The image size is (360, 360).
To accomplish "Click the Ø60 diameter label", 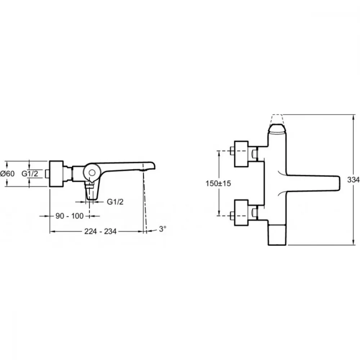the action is [7, 174].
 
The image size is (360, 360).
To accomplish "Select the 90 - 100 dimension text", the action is [69, 216].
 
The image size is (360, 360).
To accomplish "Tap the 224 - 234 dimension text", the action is [100, 231].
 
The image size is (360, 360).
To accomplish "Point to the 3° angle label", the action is [163, 229].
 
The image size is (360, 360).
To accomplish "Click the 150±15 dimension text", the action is [218, 184].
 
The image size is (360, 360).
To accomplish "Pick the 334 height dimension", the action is [354, 180].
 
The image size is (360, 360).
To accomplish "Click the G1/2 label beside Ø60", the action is [30, 174].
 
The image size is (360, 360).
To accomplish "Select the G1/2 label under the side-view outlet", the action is [115, 202].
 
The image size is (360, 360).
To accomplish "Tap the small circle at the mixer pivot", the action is [92, 173].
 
